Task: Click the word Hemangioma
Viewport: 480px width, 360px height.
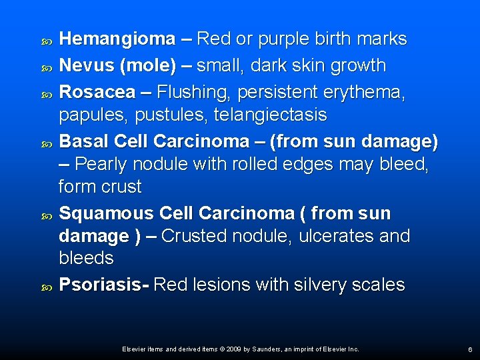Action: tap(117, 39)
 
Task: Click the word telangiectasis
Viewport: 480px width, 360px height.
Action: tap(270, 115)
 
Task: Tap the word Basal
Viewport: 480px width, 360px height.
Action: tap(84, 142)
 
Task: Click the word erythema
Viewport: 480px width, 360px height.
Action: tap(365, 93)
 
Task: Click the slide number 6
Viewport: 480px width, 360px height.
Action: tap(470, 349)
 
